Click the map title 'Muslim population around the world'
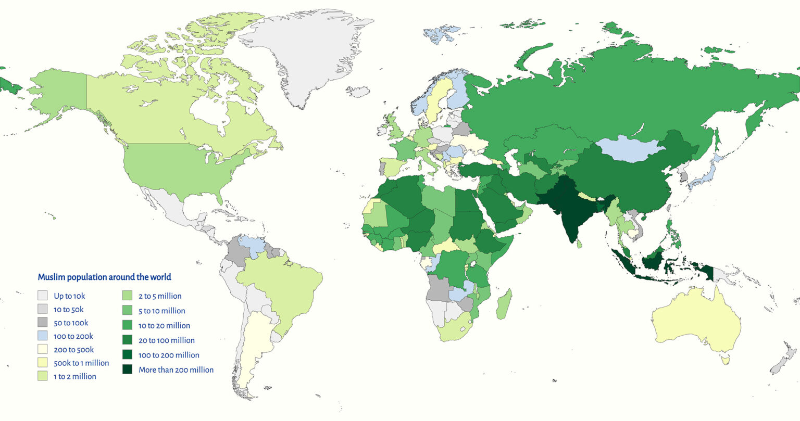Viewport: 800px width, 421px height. click(104, 277)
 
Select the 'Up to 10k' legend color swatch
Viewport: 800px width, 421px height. click(42, 296)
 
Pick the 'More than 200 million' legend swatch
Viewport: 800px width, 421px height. click(127, 369)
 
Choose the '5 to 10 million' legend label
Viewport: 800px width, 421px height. click(161, 311)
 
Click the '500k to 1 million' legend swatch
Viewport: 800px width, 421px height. click(42, 363)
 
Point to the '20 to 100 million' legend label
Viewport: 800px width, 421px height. click(166, 340)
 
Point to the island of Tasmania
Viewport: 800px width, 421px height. click(724, 359)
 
